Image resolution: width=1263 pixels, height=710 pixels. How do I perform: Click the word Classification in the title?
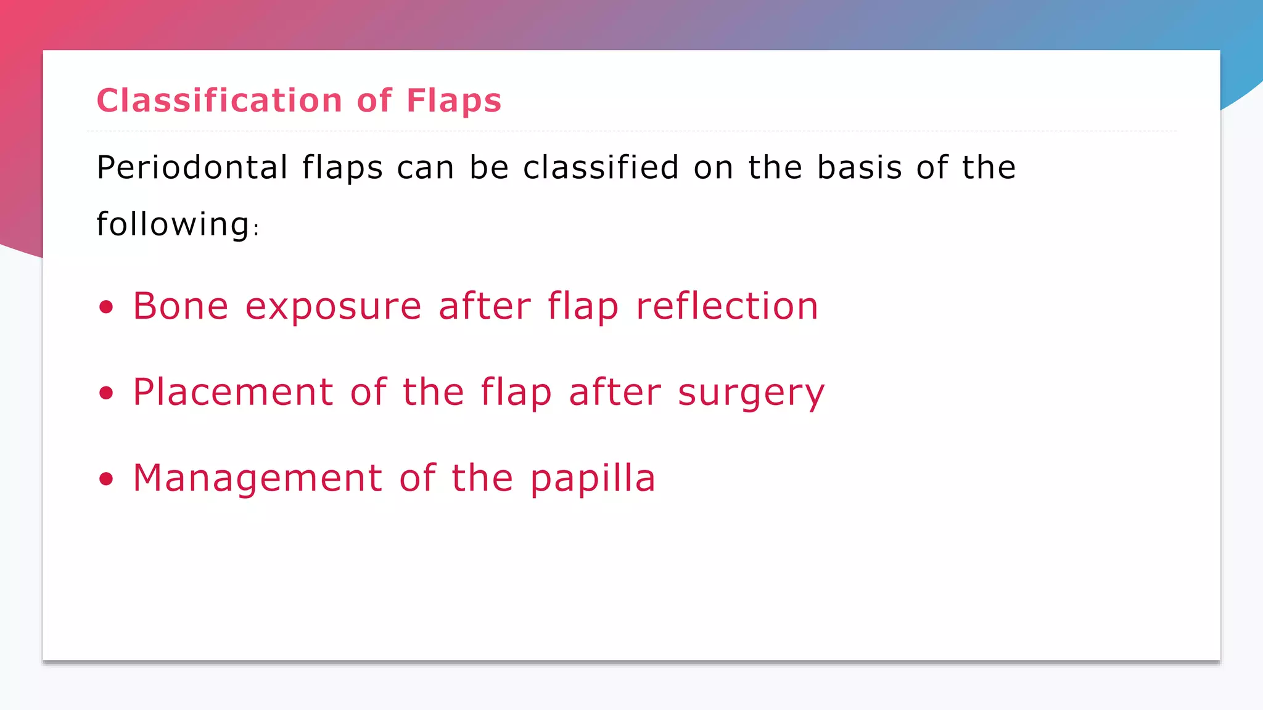point(219,100)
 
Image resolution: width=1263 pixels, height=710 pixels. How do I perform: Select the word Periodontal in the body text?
point(192,168)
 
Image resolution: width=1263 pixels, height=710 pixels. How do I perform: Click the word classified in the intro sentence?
point(601,168)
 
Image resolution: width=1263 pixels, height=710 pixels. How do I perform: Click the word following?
point(173,224)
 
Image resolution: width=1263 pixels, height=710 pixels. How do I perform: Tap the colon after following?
point(257,230)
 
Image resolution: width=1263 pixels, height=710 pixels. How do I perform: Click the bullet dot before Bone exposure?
point(107,307)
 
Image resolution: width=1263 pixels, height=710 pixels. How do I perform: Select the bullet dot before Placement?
point(107,393)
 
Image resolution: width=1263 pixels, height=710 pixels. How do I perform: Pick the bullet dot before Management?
point(107,479)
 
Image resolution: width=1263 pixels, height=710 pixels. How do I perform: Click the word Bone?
point(181,306)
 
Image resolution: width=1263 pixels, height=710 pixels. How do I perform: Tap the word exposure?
point(333,308)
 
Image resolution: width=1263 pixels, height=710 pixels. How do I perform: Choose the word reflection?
point(726,306)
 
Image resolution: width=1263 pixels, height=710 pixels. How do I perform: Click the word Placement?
point(233,393)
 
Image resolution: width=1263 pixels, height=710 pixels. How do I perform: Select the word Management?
point(257,479)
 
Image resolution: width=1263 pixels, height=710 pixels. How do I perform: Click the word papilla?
point(593,479)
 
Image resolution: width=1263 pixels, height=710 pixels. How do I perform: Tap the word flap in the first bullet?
point(583,308)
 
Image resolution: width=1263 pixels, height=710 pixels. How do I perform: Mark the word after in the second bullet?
point(615,393)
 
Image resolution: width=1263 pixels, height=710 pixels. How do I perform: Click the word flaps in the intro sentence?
point(342,168)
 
